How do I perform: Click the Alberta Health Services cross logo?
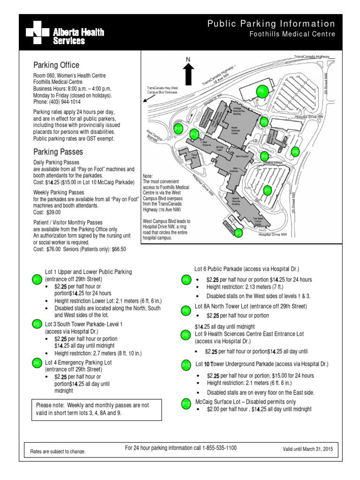[x=37, y=32]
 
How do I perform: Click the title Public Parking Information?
[x=271, y=24]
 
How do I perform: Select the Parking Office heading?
[x=56, y=65]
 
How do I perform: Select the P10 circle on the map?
[x=178, y=129]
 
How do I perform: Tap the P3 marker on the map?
[x=238, y=233]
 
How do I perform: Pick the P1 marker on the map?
[x=267, y=190]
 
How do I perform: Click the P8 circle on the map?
[x=295, y=151]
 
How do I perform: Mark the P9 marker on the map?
[x=264, y=122]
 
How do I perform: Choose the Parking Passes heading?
[x=58, y=152]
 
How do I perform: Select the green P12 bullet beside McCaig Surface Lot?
[x=186, y=404]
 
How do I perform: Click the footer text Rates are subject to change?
[x=58, y=451]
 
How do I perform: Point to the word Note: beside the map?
[x=148, y=176]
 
